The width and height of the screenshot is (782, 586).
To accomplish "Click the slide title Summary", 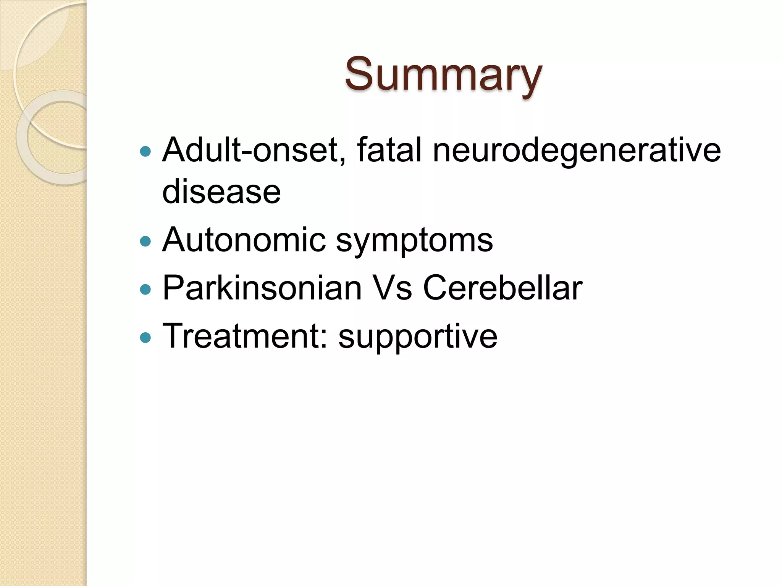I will tap(443, 74).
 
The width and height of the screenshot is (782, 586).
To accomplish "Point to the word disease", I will tap(221, 192).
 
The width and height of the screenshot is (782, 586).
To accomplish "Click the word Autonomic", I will tap(244, 240).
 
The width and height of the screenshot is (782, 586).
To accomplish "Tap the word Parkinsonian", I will tap(262, 288).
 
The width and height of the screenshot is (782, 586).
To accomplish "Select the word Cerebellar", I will tap(502, 288).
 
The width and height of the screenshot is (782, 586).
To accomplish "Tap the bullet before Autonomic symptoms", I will tap(145, 241).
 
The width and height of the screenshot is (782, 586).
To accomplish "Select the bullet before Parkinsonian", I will tap(145, 289).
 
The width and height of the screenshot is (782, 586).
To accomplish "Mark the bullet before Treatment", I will tap(145, 337).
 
